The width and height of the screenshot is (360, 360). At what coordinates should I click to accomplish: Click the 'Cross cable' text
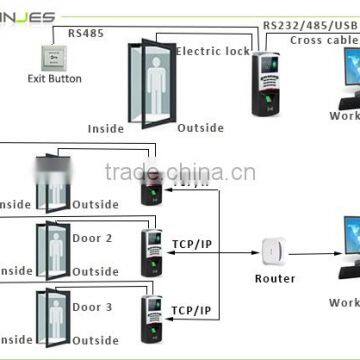pos(325,40)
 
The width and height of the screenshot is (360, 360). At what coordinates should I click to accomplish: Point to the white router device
pos(272,248)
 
